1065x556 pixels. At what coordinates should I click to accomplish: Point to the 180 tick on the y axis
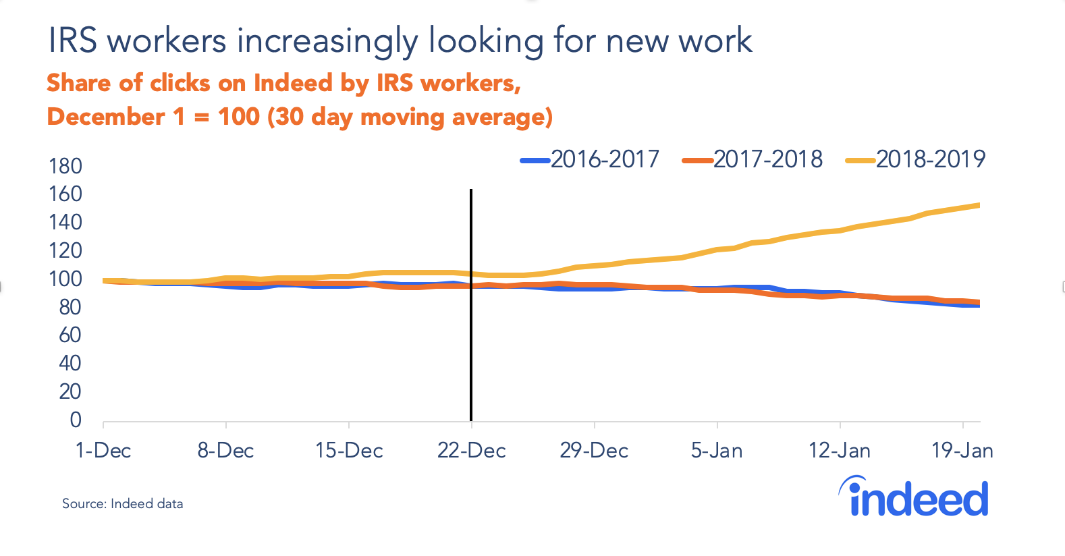(65, 166)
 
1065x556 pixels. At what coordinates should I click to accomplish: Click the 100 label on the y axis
(65, 279)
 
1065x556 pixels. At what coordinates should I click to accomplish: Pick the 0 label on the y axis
(76, 420)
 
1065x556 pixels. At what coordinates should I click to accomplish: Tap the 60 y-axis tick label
(70, 335)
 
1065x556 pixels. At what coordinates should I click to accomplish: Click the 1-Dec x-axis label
(103, 451)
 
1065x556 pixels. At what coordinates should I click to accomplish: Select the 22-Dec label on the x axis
(471, 451)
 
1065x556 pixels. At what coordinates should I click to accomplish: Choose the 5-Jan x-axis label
(717, 451)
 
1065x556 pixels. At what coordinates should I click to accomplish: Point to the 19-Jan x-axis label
(962, 451)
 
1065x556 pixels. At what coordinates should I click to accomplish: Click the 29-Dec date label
(594, 451)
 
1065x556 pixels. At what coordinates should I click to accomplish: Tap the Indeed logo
(914, 497)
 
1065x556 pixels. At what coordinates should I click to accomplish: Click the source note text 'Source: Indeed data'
(122, 503)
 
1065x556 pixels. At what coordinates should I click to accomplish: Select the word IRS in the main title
(73, 41)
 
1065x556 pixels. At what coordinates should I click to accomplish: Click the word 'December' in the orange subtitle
(106, 117)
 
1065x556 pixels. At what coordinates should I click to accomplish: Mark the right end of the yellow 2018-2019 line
(978, 205)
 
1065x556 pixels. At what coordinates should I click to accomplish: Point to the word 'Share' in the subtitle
(79, 83)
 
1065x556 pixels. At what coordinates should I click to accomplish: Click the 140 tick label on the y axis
(65, 222)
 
